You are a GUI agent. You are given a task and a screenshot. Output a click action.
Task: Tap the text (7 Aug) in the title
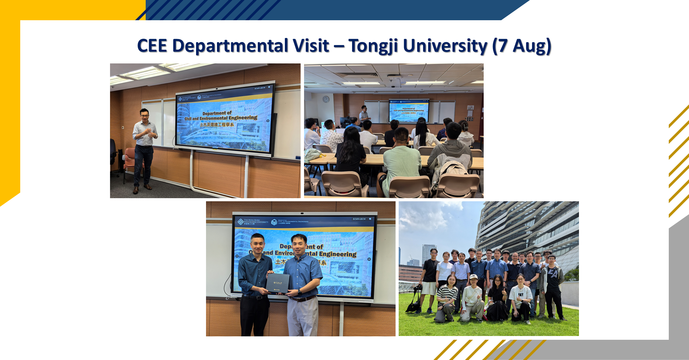click(x=521, y=46)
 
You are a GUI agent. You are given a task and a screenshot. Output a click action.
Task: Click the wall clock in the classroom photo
click(x=326, y=99)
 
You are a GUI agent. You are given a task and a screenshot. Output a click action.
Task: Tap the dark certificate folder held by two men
click(x=278, y=283)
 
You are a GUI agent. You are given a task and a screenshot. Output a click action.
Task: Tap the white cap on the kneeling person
click(x=473, y=277)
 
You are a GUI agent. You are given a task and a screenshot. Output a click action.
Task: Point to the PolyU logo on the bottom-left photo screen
click(x=241, y=222)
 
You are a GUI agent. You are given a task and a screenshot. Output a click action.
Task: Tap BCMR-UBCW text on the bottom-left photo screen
click(x=359, y=219)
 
